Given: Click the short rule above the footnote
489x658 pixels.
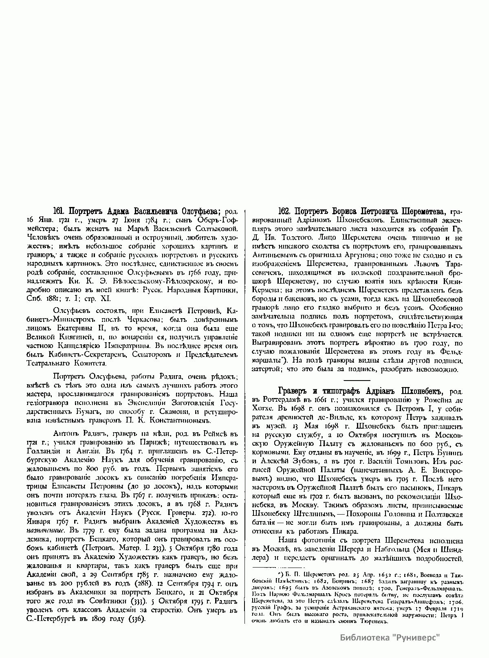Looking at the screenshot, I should click(x=279, y=567).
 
